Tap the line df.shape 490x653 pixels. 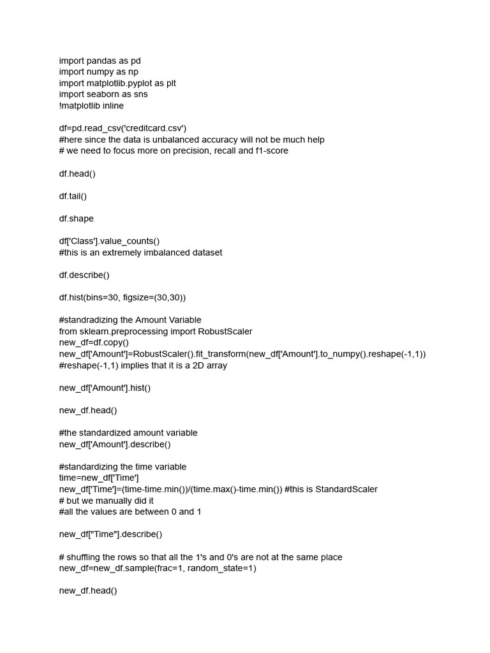[x=77, y=219]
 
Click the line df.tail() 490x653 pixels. [x=73, y=196]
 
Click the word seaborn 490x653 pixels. [x=103, y=94]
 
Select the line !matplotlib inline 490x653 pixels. [x=91, y=106]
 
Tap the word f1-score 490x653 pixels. [x=265, y=151]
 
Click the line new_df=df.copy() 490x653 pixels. [x=94, y=342]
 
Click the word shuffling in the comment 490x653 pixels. [x=86, y=557]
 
